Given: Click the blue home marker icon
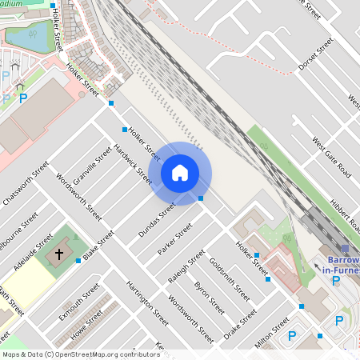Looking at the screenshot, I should point(180,173).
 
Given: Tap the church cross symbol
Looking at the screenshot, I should point(58,254).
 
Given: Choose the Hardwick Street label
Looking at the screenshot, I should point(131,164).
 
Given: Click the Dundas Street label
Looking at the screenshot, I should point(155,220).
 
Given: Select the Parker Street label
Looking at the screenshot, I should point(175,239).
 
